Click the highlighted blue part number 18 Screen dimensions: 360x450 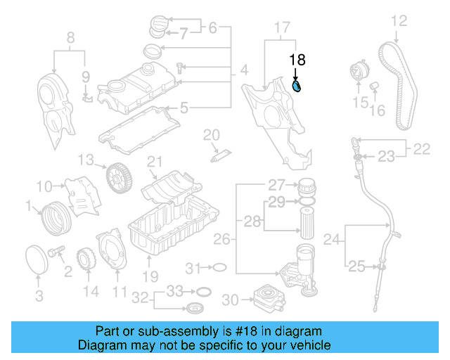coord(297,86)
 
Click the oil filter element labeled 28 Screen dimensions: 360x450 coord(307,224)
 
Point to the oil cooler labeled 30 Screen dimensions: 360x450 coord(263,299)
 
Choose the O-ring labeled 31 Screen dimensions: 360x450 coord(219,268)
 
